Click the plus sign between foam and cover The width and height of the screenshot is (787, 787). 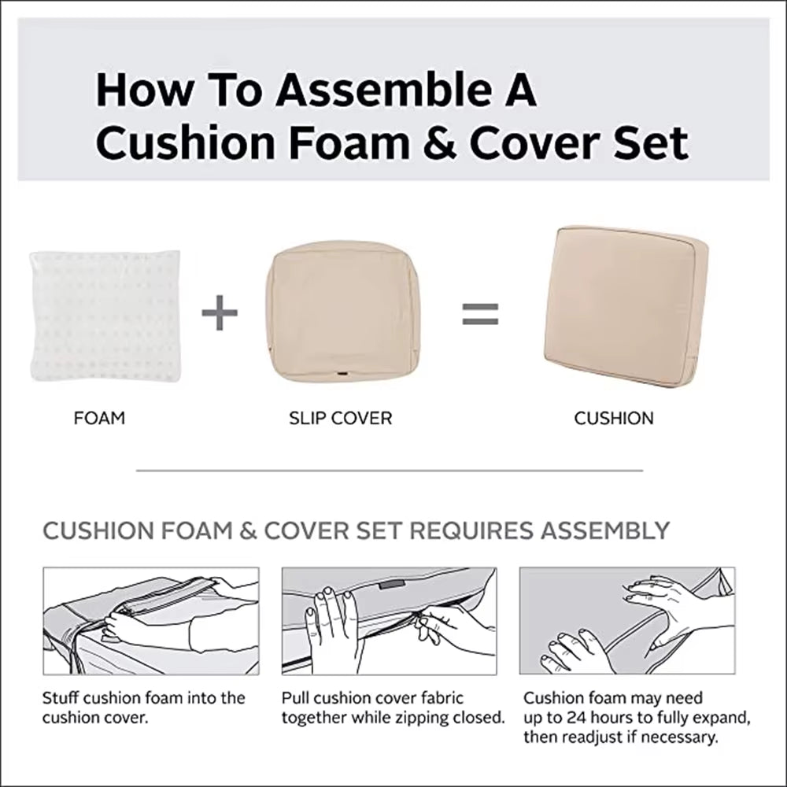[x=220, y=314]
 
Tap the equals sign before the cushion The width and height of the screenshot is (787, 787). [x=480, y=313]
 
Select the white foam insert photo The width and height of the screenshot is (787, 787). [x=105, y=316]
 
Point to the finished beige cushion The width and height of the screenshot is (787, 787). [x=626, y=305]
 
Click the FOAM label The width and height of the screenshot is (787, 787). [x=99, y=418]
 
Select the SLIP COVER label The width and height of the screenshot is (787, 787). [x=340, y=418]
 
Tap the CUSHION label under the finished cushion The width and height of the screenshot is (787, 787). [x=614, y=418]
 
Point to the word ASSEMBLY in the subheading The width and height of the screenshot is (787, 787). [x=604, y=530]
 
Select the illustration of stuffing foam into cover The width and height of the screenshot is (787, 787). [x=150, y=620]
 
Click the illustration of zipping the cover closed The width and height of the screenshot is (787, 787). [x=389, y=620]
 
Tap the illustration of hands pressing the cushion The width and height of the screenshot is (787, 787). [x=627, y=620]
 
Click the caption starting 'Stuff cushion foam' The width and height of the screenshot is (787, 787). [x=143, y=707]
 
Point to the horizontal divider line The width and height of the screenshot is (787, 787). [x=390, y=471]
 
